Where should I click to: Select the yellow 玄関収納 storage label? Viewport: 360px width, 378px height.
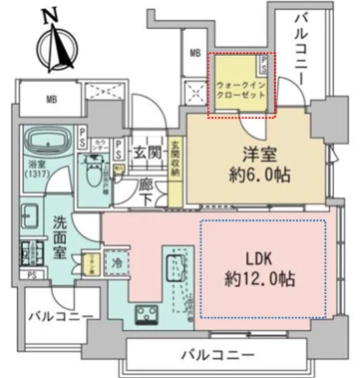(x=177, y=160)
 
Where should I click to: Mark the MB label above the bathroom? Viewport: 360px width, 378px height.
(x=52, y=100)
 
